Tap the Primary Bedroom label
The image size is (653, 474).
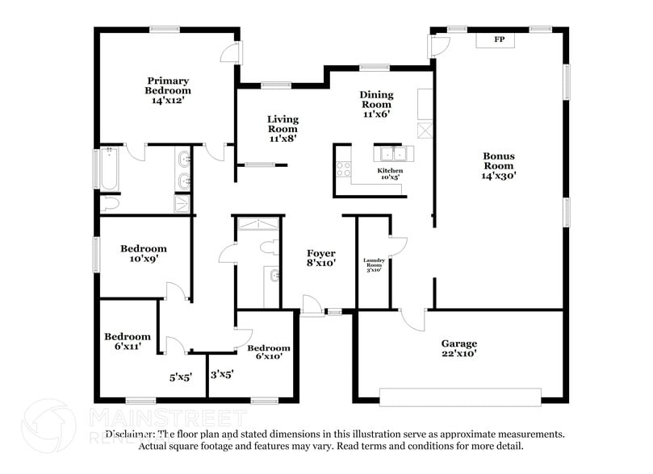pyautogui.click(x=168, y=90)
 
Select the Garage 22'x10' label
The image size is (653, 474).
pyautogui.click(x=458, y=348)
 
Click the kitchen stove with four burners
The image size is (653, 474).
pyautogui.click(x=343, y=168)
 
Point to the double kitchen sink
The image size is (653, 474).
pyautogui.click(x=393, y=153)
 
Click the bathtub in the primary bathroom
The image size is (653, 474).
pyautogui.click(x=109, y=168)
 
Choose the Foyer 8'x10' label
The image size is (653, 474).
pyautogui.click(x=320, y=259)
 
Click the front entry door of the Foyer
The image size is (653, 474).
pyautogui.click(x=312, y=306)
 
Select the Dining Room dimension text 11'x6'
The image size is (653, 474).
pyautogui.click(x=376, y=114)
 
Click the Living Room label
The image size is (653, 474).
pyautogui.click(x=283, y=128)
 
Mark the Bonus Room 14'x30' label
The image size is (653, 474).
pyautogui.click(x=499, y=165)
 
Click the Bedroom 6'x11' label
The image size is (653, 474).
pyautogui.click(x=128, y=341)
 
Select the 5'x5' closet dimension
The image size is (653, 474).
pyautogui.click(x=180, y=376)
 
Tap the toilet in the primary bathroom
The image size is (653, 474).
pyautogui.click(x=110, y=205)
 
